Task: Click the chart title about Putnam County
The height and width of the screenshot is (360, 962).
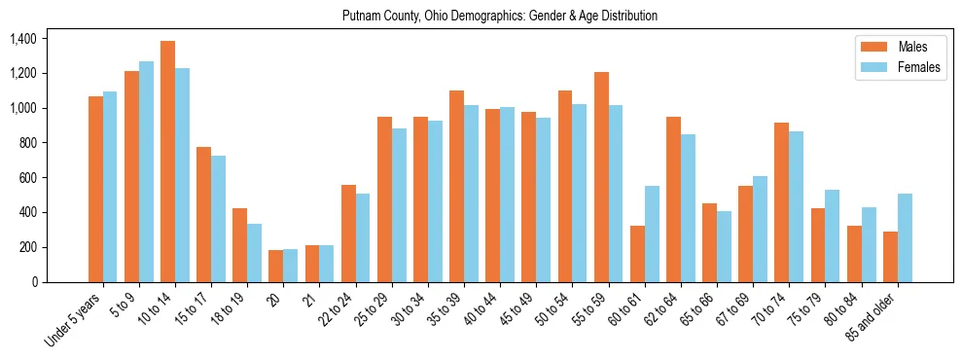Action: [x=500, y=16]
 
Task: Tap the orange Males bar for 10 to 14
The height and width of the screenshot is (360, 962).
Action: [x=168, y=162]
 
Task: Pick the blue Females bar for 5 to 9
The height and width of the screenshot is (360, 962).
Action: [x=147, y=171]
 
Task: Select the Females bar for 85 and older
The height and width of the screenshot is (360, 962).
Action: [x=905, y=237]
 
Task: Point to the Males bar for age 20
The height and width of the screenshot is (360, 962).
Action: [x=276, y=266]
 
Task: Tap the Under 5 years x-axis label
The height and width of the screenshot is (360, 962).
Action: [x=74, y=320]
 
